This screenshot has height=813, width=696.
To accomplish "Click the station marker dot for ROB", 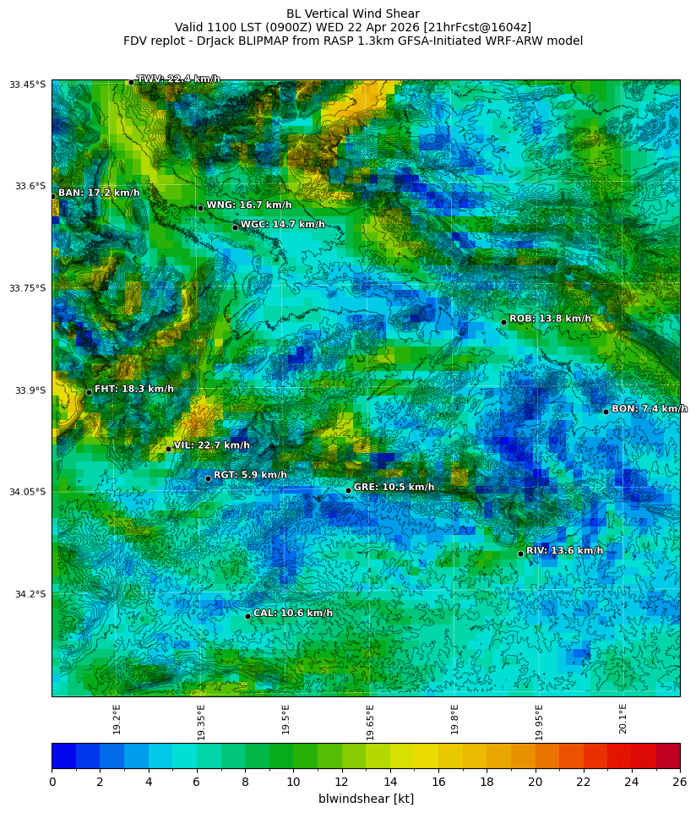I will [503, 322].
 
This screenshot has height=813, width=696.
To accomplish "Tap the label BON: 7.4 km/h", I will [649, 409].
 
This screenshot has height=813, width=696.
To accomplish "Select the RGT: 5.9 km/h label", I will [250, 475].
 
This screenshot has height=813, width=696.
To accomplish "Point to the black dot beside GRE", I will [348, 490].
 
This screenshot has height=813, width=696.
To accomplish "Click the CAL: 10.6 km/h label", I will [292, 613].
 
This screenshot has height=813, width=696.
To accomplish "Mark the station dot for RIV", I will [520, 554].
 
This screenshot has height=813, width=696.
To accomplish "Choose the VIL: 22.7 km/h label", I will [211, 445].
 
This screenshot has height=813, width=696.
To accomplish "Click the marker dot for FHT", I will [89, 392].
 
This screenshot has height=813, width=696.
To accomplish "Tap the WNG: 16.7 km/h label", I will [248, 205].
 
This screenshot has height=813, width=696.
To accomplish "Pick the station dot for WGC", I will [235, 227].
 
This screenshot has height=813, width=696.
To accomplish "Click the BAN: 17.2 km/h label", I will [99, 193].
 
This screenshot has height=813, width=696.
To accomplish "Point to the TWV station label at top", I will [178, 79].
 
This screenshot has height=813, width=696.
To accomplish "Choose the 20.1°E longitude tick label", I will [623, 718].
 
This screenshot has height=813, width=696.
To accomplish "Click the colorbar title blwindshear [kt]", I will [366, 799].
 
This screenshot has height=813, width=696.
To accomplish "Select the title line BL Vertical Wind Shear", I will [352, 14].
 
